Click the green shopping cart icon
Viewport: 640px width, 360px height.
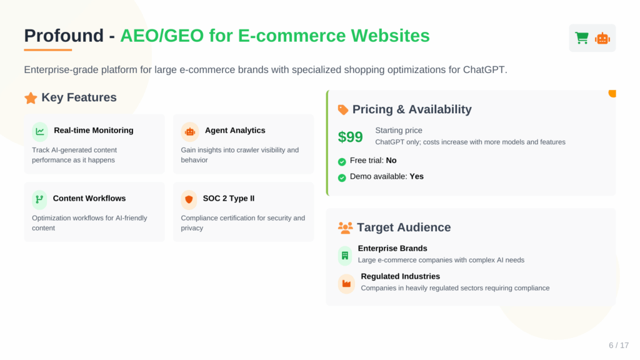(582, 38)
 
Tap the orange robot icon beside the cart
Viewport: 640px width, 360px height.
(602, 38)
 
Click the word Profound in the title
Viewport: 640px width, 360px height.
(64, 36)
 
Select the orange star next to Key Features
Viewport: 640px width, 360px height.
(31, 98)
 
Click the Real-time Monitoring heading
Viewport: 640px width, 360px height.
(94, 130)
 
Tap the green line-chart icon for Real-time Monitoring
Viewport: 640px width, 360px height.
(40, 131)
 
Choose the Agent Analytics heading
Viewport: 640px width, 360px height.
(235, 130)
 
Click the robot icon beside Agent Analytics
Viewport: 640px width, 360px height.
(190, 132)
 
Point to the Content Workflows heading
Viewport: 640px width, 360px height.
(89, 198)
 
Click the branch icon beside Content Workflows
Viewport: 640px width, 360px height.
(39, 199)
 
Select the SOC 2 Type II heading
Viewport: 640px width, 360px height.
(229, 198)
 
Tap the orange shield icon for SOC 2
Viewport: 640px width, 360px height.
(189, 199)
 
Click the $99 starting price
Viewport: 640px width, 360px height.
(350, 137)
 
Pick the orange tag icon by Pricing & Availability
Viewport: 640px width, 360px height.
(343, 109)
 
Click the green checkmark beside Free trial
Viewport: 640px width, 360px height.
(342, 162)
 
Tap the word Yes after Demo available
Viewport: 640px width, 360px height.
(416, 176)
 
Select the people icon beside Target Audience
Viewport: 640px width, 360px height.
(345, 227)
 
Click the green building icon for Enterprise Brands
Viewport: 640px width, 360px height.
(345, 256)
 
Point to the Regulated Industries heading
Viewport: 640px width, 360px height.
(401, 276)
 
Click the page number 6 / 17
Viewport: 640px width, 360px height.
(619, 345)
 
